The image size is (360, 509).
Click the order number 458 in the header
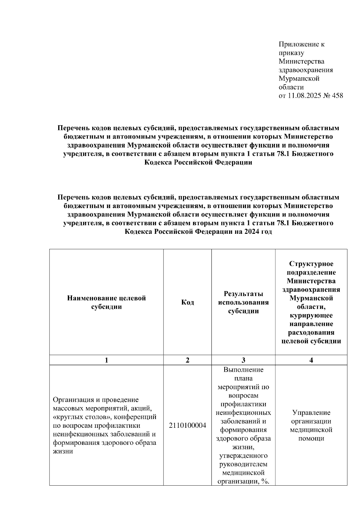click(x=337, y=96)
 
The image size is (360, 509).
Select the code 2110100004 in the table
click(x=187, y=425)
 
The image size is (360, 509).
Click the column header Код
click(x=187, y=302)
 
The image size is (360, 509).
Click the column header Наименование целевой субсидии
click(x=106, y=302)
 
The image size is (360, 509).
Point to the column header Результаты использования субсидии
click(x=243, y=302)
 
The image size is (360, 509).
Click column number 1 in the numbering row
click(x=106, y=360)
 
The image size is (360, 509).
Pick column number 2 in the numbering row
click(x=187, y=360)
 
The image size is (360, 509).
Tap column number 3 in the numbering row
click(x=243, y=360)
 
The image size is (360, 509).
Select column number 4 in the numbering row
click(x=311, y=360)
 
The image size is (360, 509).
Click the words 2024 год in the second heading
click(x=258, y=232)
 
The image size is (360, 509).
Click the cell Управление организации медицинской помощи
click(x=311, y=425)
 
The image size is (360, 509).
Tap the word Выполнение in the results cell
click(x=243, y=369)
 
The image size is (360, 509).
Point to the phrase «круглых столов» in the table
click(x=78, y=417)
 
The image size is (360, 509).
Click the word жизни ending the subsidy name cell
click(x=63, y=451)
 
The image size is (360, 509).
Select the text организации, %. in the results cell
click(x=243, y=481)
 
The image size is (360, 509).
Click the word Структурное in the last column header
click(x=311, y=264)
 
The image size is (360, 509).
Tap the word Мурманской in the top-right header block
click(x=299, y=79)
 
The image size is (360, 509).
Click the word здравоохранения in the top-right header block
click(x=305, y=70)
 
